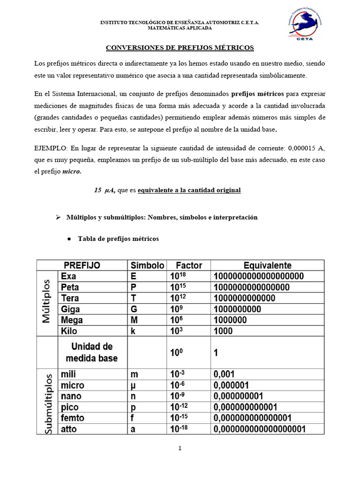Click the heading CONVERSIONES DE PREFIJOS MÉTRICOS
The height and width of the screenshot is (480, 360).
[180, 48]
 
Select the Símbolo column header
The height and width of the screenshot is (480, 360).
[147, 265]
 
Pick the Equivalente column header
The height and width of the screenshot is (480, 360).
[267, 265]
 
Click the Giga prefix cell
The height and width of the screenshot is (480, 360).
[70, 309]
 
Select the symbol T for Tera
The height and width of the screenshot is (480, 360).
[133, 298]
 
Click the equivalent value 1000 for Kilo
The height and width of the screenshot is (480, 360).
[223, 331]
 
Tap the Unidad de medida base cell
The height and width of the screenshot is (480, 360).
[92, 352]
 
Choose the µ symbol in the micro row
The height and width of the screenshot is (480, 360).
[133, 385]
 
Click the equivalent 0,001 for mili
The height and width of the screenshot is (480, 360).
[224, 375]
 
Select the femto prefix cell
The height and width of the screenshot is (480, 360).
[73, 418]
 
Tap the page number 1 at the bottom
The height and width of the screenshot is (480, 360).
[180, 448]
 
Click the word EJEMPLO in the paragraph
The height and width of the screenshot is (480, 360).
[50, 149]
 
